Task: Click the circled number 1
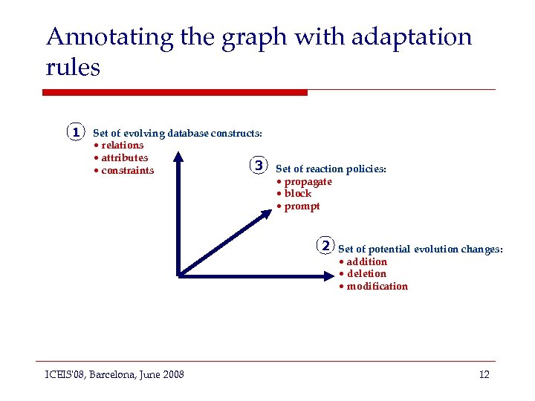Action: click(75, 133)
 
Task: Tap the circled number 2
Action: click(325, 244)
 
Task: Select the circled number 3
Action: click(257, 165)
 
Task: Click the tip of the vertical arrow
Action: click(178, 154)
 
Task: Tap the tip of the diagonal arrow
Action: click(271, 211)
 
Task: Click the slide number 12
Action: click(484, 374)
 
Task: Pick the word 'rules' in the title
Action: click(72, 68)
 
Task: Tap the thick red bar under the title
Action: click(175, 93)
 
